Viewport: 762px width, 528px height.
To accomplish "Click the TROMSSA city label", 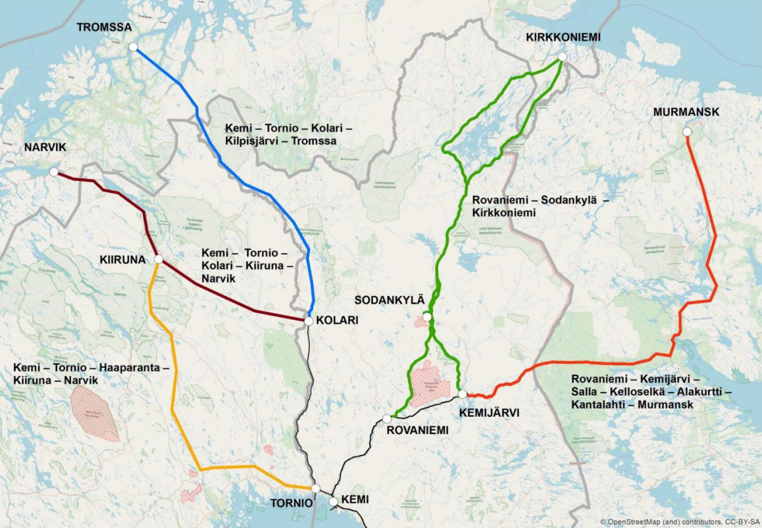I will (104, 28).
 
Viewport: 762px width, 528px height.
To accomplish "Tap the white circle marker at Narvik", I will (54, 172).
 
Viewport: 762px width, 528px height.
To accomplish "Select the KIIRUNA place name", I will (122, 260).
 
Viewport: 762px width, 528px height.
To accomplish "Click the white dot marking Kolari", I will (309, 321).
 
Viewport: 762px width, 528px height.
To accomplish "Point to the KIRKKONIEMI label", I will (563, 37).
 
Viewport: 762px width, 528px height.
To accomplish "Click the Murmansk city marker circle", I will (687, 132).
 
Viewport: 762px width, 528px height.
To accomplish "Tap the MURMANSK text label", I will (686, 112).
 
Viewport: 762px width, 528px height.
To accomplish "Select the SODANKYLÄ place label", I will (390, 300).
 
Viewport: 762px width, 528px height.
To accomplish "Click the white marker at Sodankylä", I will (427, 317).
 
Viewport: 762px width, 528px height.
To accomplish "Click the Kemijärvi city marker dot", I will (463, 394).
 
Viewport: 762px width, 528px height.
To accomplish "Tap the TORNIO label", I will (292, 503).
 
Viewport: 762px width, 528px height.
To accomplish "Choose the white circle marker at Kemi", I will (334, 502).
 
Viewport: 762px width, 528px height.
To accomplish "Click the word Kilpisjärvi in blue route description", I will (254, 141).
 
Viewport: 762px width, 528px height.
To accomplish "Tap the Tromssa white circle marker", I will (134, 47).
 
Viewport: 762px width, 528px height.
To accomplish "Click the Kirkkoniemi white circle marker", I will (563, 57).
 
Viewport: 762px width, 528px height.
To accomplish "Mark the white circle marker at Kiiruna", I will (158, 260).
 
